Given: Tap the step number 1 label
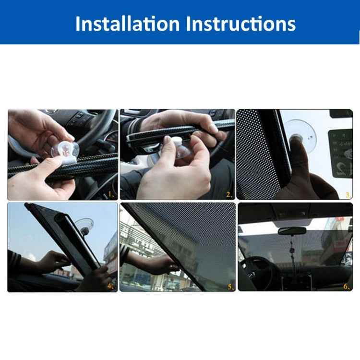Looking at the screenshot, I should [111, 194].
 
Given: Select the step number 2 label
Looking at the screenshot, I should [229, 194].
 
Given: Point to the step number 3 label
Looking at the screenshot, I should [348, 194].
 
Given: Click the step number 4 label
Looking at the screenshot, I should [111, 287].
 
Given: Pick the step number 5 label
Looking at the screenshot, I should [230, 287].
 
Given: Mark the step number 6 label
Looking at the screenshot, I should [347, 287].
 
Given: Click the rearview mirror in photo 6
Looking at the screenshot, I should [292, 231].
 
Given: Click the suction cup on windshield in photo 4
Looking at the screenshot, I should [84, 225].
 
